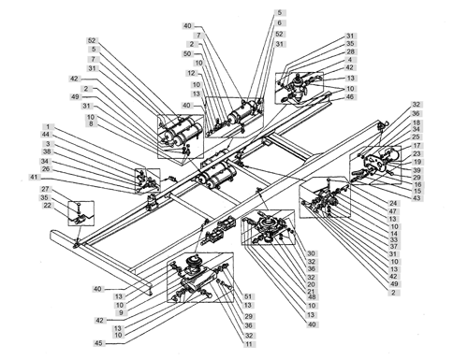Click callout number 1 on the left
(48, 127)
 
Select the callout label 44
(48, 135)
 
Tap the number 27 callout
(46, 189)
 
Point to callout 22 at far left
(48, 206)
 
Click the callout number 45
(98, 343)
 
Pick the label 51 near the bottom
(249, 296)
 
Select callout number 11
(249, 344)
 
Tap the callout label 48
(312, 296)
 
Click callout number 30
(311, 253)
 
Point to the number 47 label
(393, 211)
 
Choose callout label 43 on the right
(417, 198)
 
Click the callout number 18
(417, 122)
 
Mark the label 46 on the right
(350, 96)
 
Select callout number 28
(350, 51)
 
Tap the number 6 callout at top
(280, 22)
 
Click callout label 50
(187, 54)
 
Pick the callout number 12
(191, 73)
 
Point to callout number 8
(91, 123)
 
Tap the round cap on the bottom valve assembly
(194, 261)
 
